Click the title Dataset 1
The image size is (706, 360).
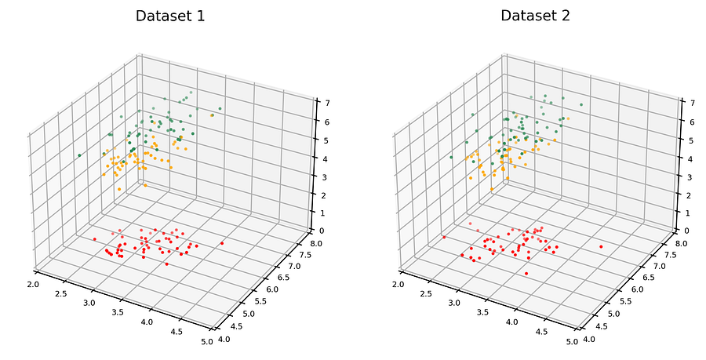pos(170,16)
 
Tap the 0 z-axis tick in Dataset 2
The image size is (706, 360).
pos(686,231)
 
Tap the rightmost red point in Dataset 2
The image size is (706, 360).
pos(601,247)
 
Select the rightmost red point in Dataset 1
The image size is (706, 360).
pos(222,243)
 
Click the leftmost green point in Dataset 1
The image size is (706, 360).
pos(79,155)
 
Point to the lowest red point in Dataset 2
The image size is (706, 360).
pos(526,273)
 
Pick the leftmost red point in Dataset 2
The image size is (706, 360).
pos(444,237)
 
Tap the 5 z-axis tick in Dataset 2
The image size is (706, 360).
pos(685,140)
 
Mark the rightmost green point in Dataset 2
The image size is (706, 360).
pos(581,104)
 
